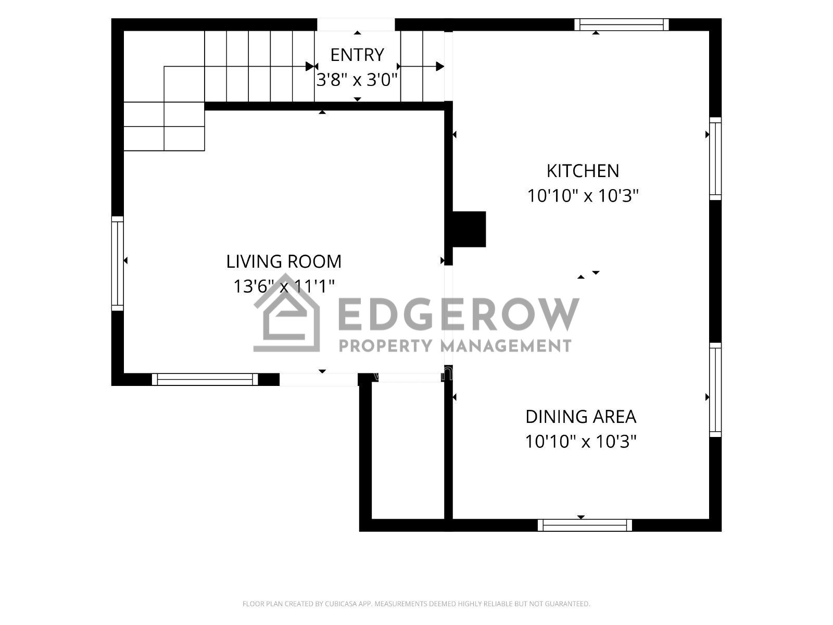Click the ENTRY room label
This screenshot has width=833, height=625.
(x=357, y=55)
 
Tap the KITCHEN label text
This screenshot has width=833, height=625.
(x=583, y=171)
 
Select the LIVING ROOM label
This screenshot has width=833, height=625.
(x=284, y=261)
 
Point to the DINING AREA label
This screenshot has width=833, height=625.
(x=580, y=417)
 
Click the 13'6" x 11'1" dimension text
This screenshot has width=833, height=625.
(x=284, y=286)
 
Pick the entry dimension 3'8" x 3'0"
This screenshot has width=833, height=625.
(x=357, y=80)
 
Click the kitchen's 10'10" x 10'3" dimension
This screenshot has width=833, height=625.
(x=583, y=196)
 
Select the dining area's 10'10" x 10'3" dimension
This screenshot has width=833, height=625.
(x=580, y=442)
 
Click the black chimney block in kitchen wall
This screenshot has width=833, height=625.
(x=470, y=229)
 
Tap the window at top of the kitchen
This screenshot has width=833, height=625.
(x=621, y=24)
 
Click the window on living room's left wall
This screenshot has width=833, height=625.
(x=118, y=264)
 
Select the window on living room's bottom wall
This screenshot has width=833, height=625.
(x=205, y=380)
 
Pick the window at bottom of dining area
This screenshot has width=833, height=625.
(x=585, y=525)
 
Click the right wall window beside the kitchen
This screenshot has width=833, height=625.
(x=715, y=159)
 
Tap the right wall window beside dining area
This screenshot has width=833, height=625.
(x=715, y=390)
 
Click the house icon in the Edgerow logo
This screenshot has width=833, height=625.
(x=286, y=313)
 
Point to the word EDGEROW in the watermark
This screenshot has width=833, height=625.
(x=459, y=314)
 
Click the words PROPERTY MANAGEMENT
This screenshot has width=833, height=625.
(x=455, y=346)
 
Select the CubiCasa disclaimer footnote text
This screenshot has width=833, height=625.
(x=416, y=603)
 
